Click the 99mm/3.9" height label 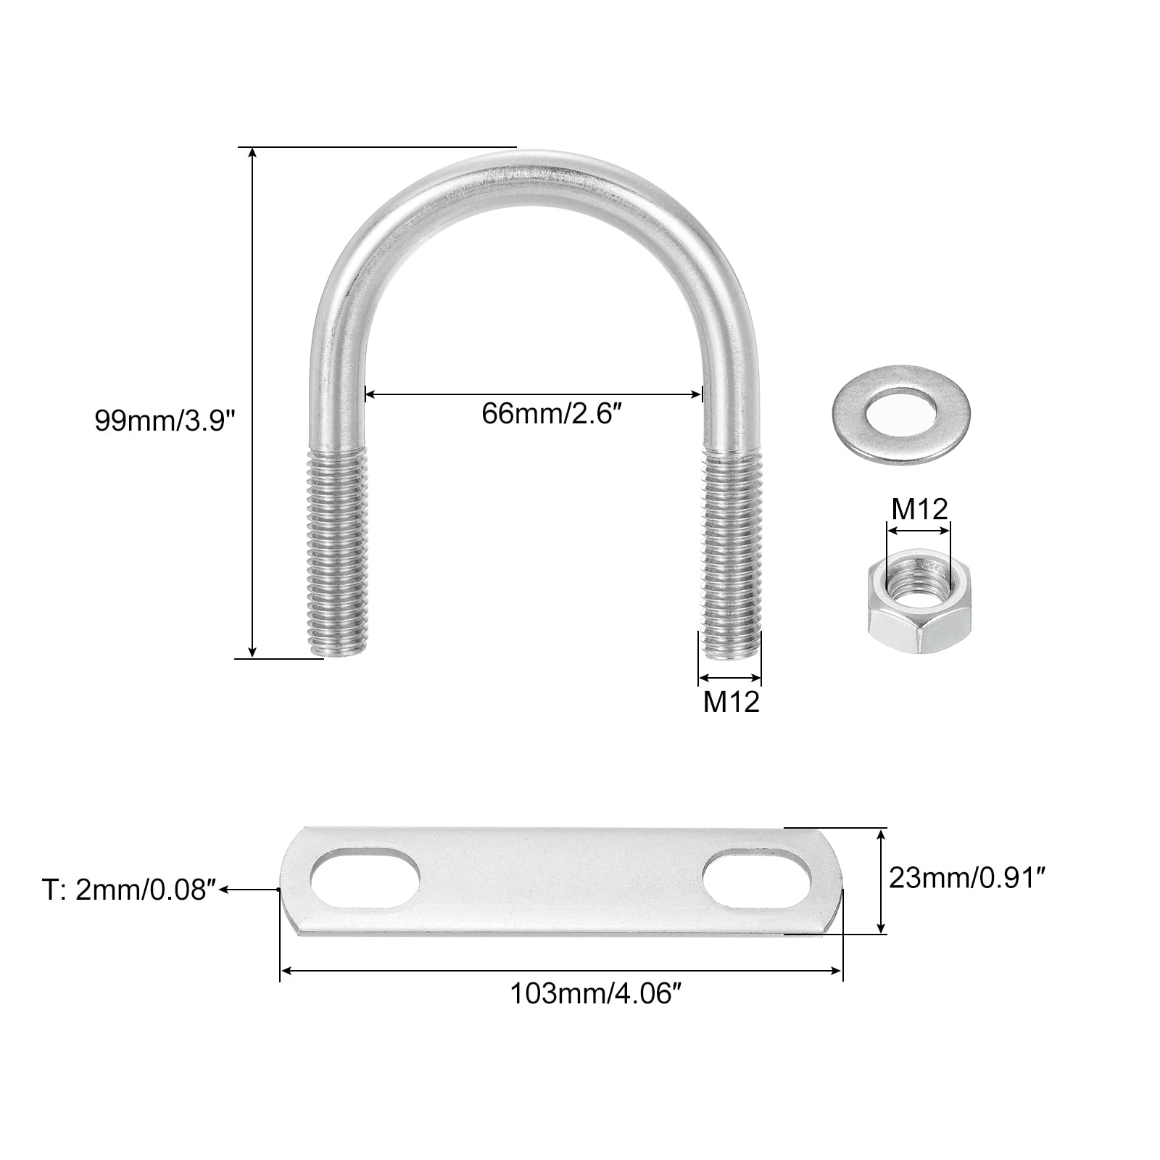click(165, 420)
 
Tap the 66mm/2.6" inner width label click(552, 414)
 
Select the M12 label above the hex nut click(919, 509)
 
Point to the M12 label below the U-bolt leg click(731, 701)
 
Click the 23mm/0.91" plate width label click(967, 878)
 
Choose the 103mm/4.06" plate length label click(597, 993)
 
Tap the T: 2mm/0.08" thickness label click(129, 890)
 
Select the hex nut click(918, 601)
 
